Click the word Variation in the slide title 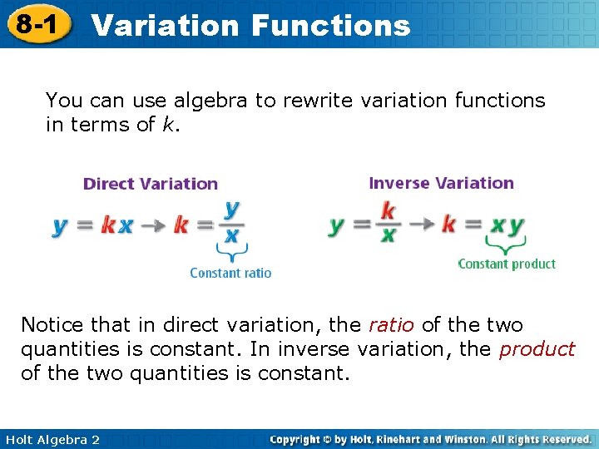pos(165,25)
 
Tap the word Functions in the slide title pos(330,25)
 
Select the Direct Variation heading pos(151,184)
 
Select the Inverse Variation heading pos(441,183)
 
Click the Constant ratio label pos(230,273)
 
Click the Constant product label pos(507,264)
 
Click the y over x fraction pos(231,221)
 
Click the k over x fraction pos(388,222)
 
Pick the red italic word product pos(537,349)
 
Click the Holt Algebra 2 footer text pos(51,440)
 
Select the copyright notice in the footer pos(431,439)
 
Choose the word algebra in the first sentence pos(211,101)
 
